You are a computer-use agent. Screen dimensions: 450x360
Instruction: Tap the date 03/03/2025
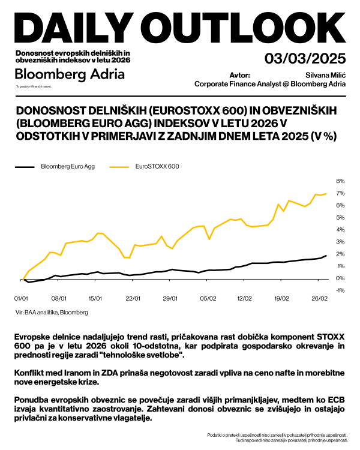305,59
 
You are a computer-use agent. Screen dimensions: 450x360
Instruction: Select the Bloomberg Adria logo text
70,74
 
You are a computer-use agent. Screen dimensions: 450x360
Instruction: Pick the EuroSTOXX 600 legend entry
158,166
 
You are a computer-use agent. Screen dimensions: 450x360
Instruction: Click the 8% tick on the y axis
339,181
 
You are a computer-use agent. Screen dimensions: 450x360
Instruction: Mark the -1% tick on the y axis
339,290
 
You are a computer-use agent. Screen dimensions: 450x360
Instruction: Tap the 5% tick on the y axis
339,217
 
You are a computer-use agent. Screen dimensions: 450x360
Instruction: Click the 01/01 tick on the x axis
22,298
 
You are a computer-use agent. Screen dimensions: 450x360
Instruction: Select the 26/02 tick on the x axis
319,298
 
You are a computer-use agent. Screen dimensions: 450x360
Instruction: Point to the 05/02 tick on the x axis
208,298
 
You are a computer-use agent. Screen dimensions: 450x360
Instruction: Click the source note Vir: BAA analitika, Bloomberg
52,312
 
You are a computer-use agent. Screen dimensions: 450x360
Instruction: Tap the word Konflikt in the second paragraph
28,373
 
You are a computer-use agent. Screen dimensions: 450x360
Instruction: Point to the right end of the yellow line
326,193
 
